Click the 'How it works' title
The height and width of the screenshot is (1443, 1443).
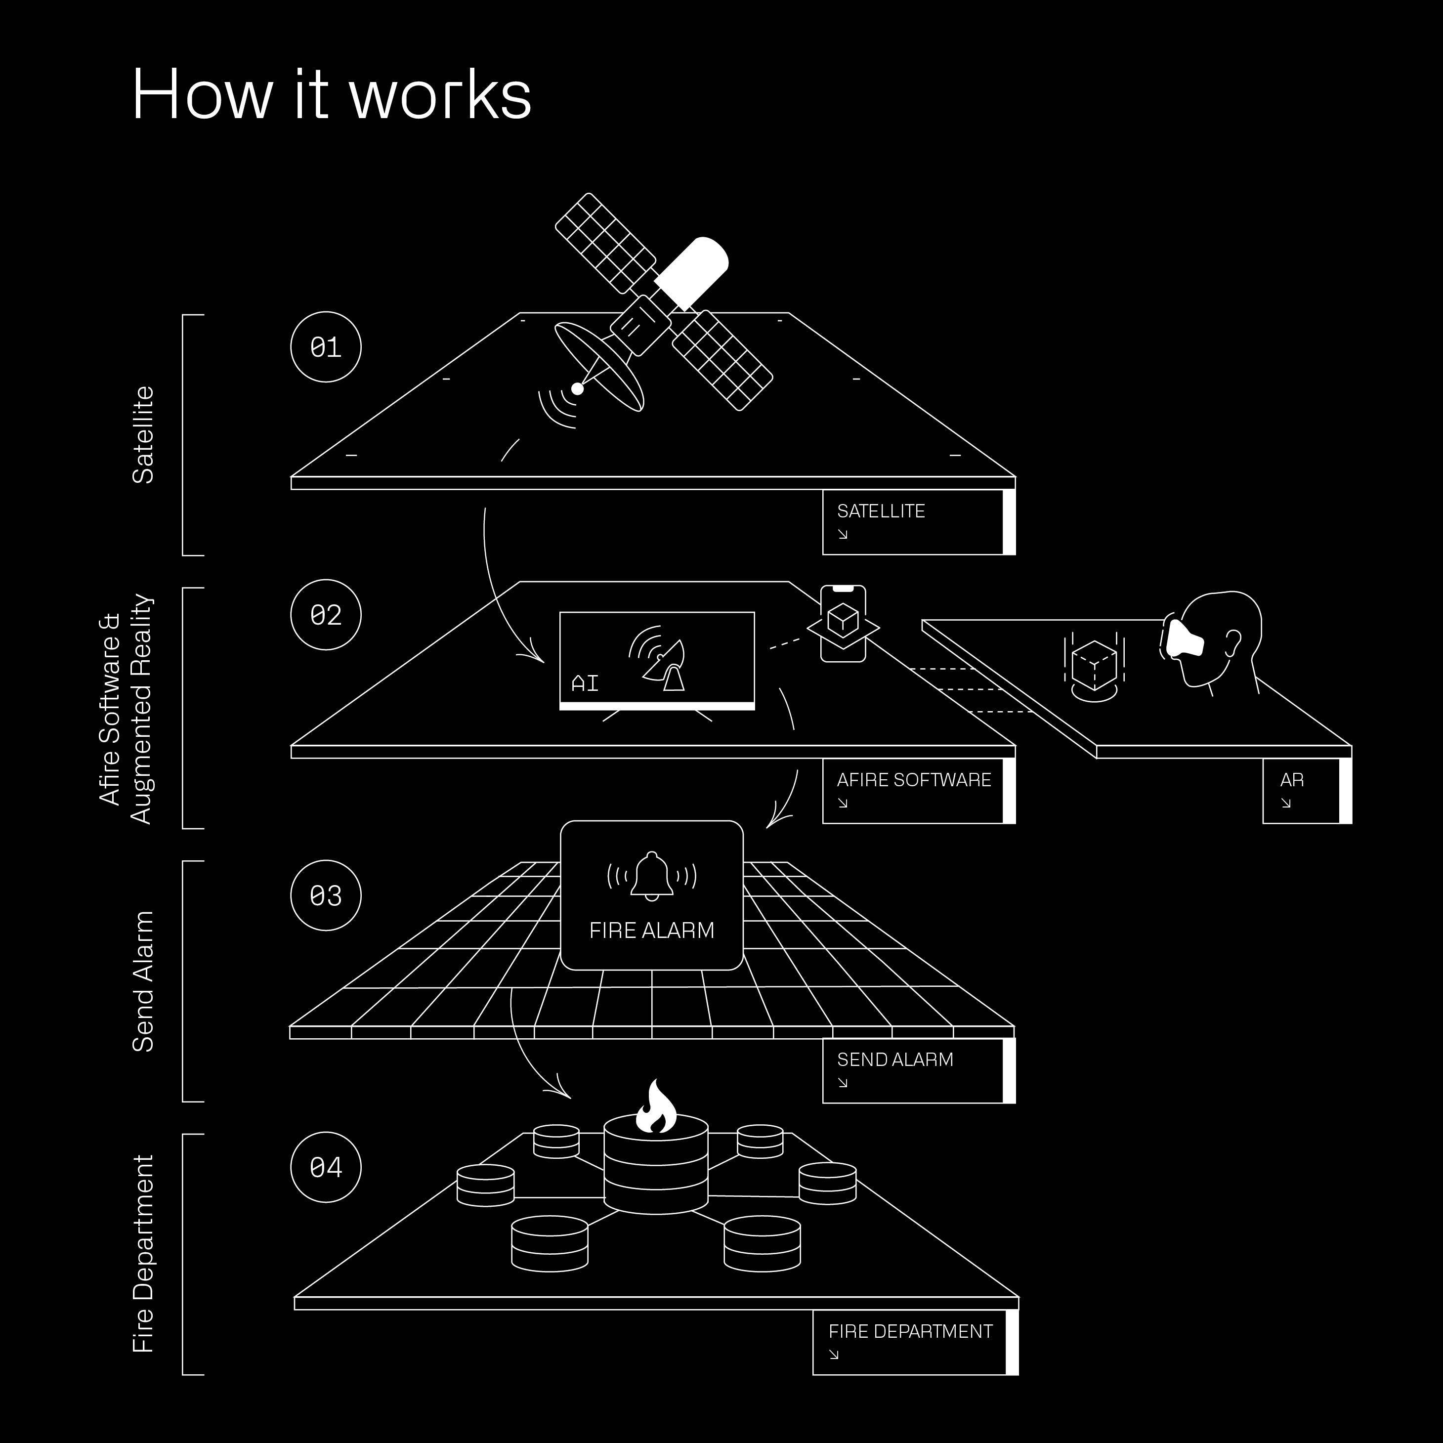click(331, 95)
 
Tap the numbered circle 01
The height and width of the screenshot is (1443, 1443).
click(326, 346)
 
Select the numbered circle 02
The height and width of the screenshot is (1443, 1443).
click(326, 615)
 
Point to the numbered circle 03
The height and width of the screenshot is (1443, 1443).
click(326, 895)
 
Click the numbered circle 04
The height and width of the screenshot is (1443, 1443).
click(326, 1167)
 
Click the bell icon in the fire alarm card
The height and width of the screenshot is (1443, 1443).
click(652, 875)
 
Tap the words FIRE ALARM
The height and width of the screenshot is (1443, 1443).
click(651, 930)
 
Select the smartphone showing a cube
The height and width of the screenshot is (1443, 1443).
click(843, 623)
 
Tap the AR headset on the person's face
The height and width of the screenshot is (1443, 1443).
click(1183, 638)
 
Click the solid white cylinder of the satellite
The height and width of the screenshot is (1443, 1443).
click(692, 273)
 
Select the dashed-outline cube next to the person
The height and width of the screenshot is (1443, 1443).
click(1094, 663)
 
